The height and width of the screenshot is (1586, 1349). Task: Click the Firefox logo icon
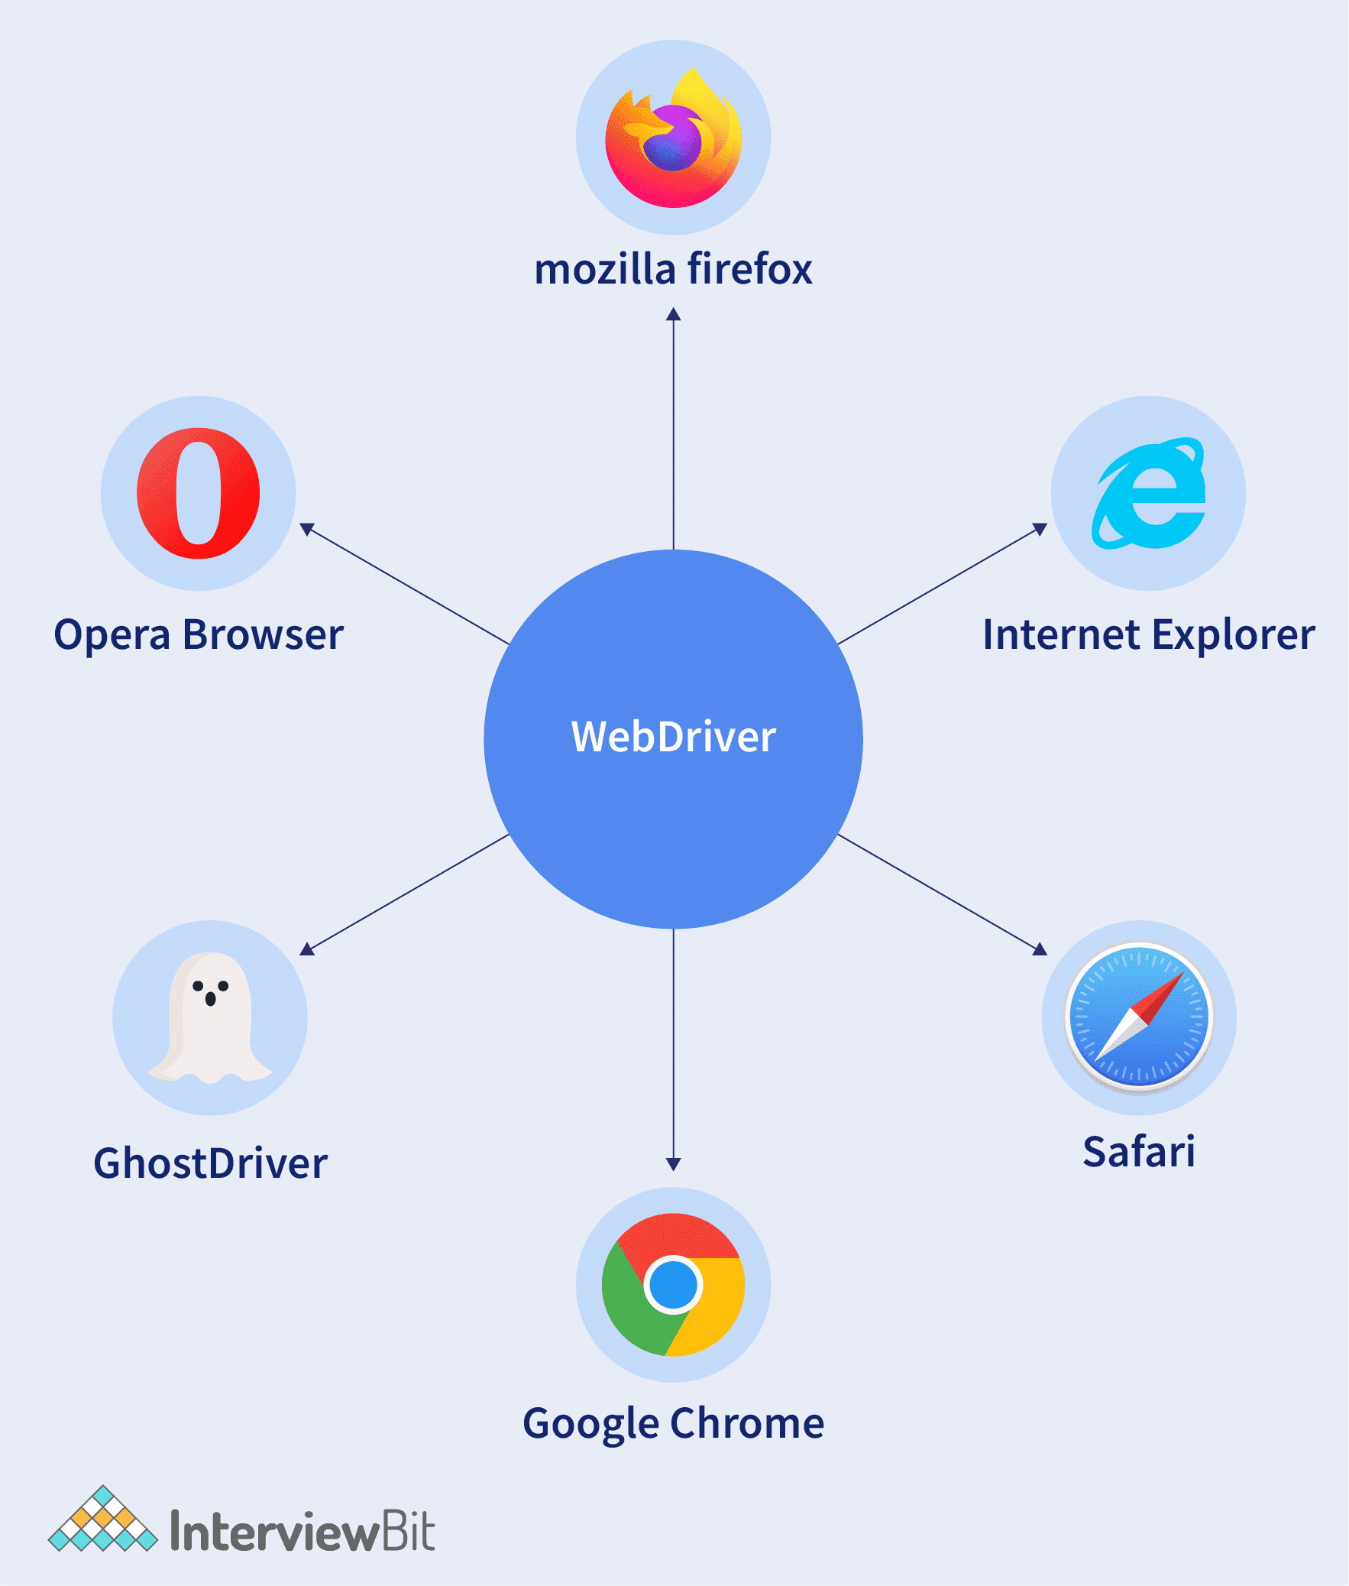(673, 138)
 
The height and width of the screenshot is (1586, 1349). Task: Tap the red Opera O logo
(198, 493)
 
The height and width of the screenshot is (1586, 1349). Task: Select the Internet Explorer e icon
(1149, 494)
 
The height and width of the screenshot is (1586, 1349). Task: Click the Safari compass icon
(1139, 1017)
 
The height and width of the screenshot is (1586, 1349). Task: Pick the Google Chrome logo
(673, 1285)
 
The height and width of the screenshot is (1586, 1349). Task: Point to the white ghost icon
(210, 1017)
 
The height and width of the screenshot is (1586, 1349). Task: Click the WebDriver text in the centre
(673, 737)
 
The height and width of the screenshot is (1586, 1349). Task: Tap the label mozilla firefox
(673, 269)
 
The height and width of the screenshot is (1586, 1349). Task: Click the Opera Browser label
(198, 635)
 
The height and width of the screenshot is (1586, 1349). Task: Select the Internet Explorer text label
(1149, 635)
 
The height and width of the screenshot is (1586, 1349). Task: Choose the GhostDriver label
(210, 1163)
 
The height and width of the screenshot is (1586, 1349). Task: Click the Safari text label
(1139, 1151)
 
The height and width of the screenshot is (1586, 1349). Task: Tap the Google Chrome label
(673, 1424)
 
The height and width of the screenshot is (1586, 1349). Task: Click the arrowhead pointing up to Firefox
(673, 313)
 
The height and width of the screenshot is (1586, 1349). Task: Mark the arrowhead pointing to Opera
(306, 529)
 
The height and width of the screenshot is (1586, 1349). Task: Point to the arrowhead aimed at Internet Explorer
(1040, 529)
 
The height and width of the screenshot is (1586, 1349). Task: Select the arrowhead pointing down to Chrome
(673, 1164)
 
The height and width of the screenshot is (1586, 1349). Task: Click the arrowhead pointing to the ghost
(306, 949)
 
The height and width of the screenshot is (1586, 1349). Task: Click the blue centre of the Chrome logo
(673, 1285)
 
